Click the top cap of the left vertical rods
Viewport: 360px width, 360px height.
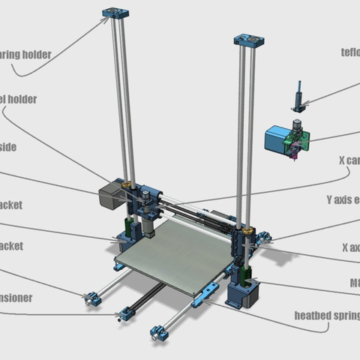click(x=117, y=13)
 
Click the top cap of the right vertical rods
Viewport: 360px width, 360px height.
click(x=247, y=40)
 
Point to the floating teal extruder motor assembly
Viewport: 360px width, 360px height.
click(x=286, y=140)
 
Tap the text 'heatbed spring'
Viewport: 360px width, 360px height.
click(x=326, y=315)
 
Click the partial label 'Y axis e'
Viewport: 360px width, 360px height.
click(x=343, y=200)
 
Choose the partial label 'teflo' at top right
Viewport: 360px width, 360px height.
click(x=349, y=52)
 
